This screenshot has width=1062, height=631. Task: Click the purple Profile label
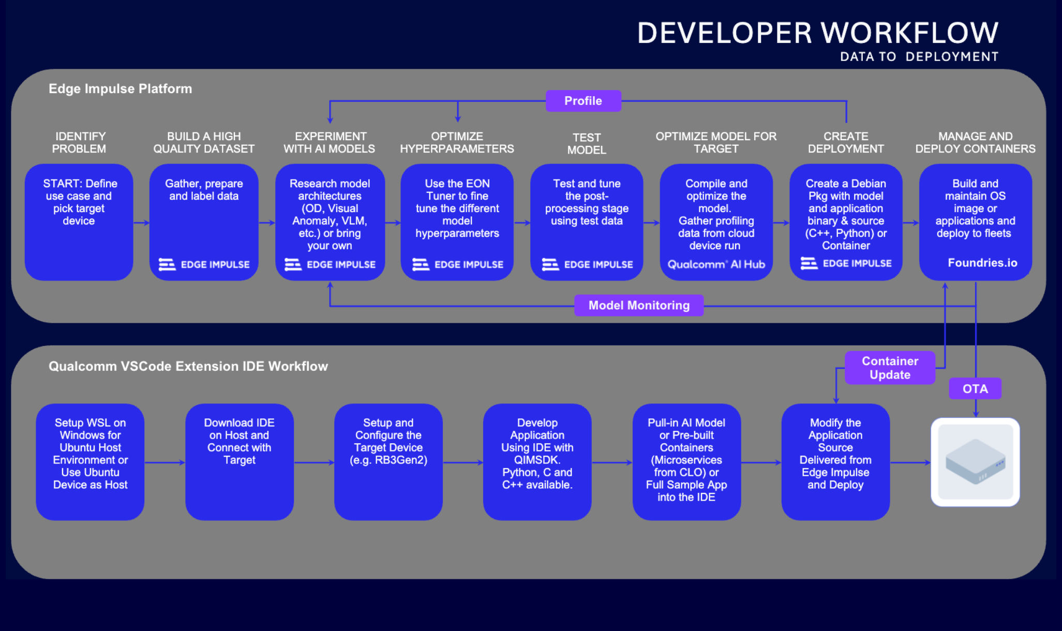(x=583, y=101)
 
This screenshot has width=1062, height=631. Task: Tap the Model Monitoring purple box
(x=639, y=305)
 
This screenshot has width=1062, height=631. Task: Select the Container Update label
(x=890, y=368)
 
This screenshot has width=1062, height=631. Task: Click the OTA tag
(x=975, y=389)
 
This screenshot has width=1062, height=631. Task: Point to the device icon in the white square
(x=975, y=462)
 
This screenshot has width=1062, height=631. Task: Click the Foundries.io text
(x=982, y=263)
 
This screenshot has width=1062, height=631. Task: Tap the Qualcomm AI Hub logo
(x=716, y=264)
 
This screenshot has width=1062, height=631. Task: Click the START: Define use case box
(x=79, y=222)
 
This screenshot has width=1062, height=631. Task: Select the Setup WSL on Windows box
(x=90, y=462)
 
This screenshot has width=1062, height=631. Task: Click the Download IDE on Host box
(x=239, y=462)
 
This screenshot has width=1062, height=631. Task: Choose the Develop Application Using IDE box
(x=537, y=462)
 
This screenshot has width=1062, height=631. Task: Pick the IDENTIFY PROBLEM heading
(x=79, y=143)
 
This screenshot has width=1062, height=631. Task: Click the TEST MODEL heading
(x=586, y=144)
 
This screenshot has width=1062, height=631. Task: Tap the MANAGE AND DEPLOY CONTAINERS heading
(x=975, y=143)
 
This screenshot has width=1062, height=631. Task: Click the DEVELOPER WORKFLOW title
(x=817, y=33)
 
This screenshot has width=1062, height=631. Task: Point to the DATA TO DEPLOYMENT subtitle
(x=919, y=57)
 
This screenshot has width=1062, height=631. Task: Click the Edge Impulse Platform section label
(x=120, y=89)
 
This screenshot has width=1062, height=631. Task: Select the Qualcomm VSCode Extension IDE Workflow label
(x=188, y=366)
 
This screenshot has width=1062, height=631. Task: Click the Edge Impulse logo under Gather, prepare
(x=204, y=265)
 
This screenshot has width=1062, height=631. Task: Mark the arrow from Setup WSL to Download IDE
(x=164, y=462)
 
